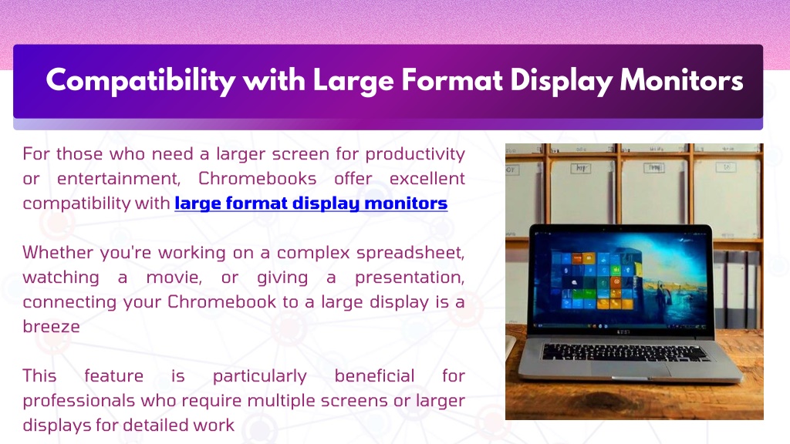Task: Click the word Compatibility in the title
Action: pyautogui.click(x=140, y=80)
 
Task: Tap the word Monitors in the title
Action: pyautogui.click(x=681, y=80)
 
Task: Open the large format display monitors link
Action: pyautogui.click(x=311, y=203)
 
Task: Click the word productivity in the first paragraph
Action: pyautogui.click(x=415, y=154)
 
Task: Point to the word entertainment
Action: pyautogui.click(x=118, y=179)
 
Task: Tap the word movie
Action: pyautogui.click(x=174, y=277)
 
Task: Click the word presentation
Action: pyautogui.click(x=410, y=277)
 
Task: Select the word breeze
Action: pyautogui.click(x=52, y=327)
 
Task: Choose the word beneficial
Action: pyautogui.click(x=374, y=376)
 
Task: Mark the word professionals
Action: pyautogui.click(x=79, y=401)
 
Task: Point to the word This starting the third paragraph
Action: pyautogui.click(x=40, y=376)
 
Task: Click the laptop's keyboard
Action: pyautogui.click(x=625, y=351)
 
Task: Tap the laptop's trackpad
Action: pyautogui.click(x=631, y=370)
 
